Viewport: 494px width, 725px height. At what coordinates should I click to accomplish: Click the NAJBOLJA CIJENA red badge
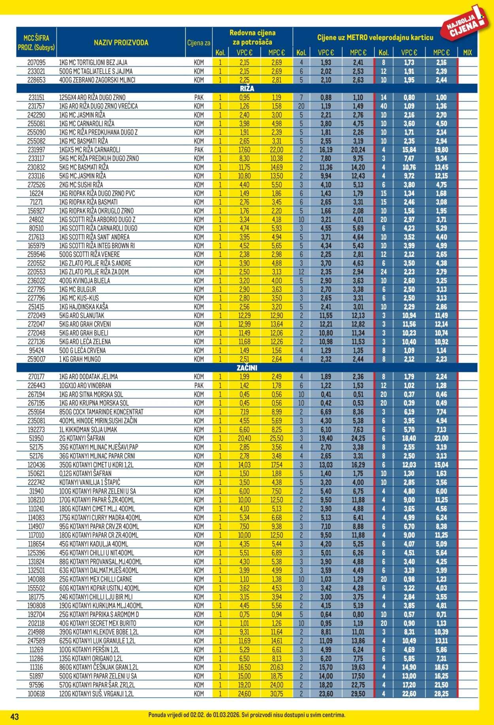point(465,24)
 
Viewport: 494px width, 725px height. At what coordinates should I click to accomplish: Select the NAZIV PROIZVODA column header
point(121,43)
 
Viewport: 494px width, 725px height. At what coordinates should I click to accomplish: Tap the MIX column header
point(467,53)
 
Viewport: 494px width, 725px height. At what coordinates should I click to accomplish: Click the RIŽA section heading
point(247,89)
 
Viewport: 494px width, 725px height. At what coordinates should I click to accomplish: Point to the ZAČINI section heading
point(247,368)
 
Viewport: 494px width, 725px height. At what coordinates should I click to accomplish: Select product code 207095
point(37,62)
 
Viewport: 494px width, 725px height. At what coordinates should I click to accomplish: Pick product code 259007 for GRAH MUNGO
point(37,359)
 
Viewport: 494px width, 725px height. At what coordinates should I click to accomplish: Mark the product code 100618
point(37,694)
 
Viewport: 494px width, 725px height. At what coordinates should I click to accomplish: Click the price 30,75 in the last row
point(277,694)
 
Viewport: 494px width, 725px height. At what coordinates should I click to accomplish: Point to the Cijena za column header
point(198,43)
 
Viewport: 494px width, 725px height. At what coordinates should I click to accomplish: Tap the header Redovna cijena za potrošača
point(253,37)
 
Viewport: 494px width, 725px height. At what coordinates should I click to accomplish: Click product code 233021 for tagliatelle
point(37,71)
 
